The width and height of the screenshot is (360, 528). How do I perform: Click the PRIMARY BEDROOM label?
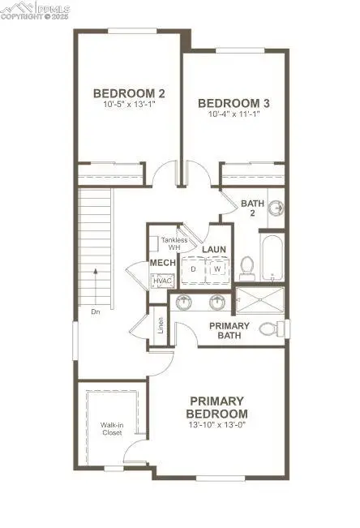click(218, 408)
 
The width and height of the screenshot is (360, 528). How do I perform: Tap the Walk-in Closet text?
click(111, 428)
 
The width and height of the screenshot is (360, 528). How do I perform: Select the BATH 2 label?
click(253, 208)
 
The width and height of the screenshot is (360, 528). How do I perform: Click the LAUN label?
click(213, 249)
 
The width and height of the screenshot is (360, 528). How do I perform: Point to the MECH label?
click(158, 264)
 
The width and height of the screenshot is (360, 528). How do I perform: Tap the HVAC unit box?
click(161, 280)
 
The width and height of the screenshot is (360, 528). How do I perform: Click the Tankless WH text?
click(174, 243)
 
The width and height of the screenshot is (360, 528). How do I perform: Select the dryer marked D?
click(195, 268)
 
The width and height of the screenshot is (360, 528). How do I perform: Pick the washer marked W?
click(217, 268)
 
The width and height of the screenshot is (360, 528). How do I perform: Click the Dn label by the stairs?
click(95, 311)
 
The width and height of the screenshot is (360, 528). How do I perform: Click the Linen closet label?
click(161, 325)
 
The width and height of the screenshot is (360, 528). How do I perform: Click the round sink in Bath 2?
click(276, 208)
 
